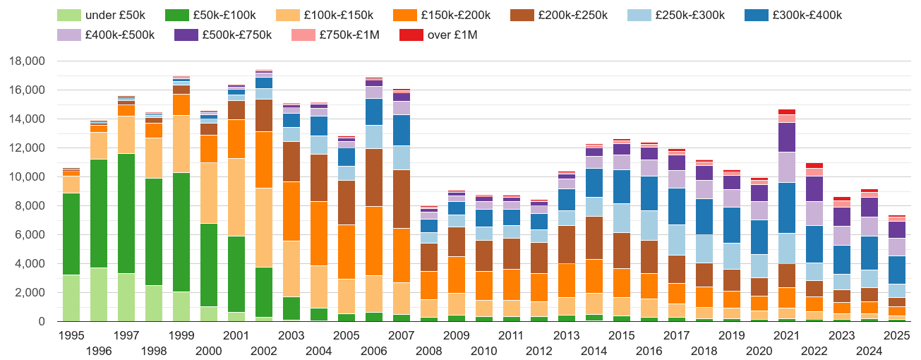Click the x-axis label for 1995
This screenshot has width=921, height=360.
[x=71, y=336]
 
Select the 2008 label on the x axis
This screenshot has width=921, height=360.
[x=429, y=351]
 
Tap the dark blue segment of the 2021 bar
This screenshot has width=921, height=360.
[x=787, y=208]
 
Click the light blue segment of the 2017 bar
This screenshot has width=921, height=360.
[x=677, y=240]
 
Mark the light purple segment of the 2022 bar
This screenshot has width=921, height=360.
[x=814, y=213]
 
